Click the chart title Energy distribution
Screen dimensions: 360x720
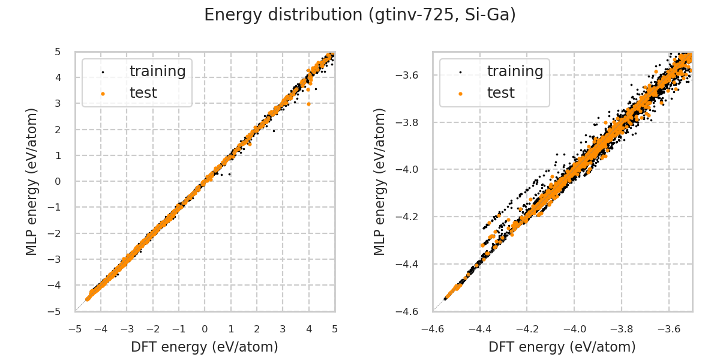pos(360,15)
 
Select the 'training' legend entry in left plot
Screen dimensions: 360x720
pos(157,71)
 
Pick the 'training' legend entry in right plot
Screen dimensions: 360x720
pos(515,71)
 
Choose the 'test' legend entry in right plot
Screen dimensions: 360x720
pos(500,93)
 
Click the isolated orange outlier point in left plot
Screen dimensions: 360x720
pos(308,104)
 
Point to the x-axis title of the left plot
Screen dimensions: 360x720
pos(205,347)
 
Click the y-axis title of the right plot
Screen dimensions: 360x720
pos(380,181)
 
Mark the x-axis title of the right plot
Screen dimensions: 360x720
pos(562,347)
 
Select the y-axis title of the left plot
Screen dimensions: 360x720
pos(32,181)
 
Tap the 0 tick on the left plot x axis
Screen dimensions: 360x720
pos(205,329)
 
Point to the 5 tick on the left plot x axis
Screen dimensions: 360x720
pos(335,329)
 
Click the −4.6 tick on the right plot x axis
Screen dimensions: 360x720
pos(433,329)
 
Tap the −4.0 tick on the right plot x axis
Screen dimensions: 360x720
pos(574,329)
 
